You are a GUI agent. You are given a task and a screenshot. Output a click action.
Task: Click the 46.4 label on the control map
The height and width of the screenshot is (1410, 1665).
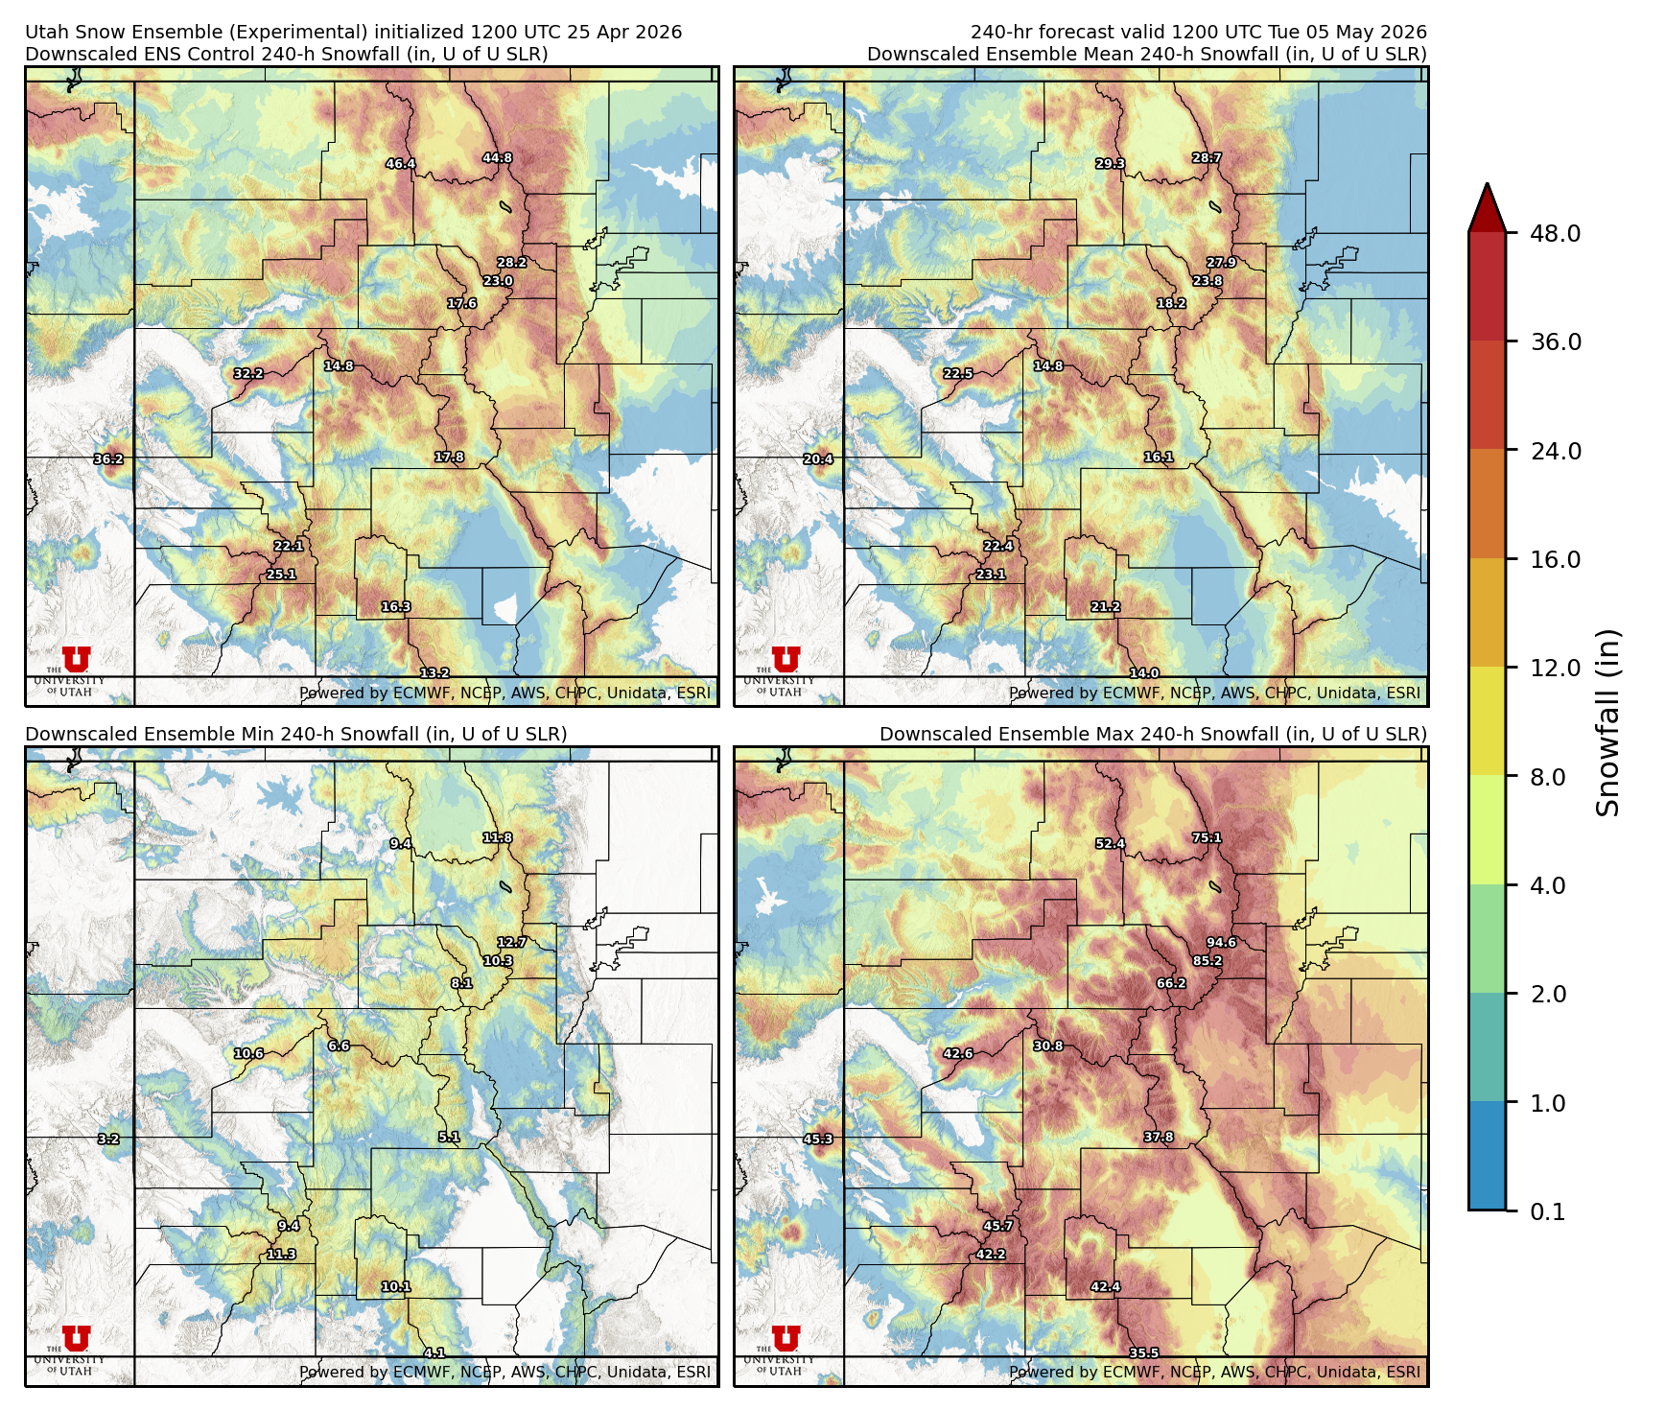pyautogui.click(x=400, y=164)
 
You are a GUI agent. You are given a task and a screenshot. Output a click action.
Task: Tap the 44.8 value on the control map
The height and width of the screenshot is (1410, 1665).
pyautogui.click(x=497, y=158)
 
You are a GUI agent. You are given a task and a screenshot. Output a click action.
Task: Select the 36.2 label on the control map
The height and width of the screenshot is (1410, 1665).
pyautogui.click(x=108, y=459)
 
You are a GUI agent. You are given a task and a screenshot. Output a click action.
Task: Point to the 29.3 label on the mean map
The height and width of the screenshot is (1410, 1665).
pyautogui.click(x=1110, y=164)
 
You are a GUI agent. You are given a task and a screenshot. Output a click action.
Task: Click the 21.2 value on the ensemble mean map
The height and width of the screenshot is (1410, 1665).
pyautogui.click(x=1105, y=607)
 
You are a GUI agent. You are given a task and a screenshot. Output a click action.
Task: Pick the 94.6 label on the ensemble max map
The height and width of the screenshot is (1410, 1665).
pyautogui.click(x=1221, y=942)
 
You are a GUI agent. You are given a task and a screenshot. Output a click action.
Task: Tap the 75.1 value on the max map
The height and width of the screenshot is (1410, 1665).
pyautogui.click(x=1207, y=837)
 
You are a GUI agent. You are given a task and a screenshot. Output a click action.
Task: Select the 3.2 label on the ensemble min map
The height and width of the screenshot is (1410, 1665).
pyautogui.click(x=108, y=1140)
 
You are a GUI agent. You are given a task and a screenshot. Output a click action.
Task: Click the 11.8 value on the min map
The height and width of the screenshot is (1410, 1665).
pyautogui.click(x=497, y=837)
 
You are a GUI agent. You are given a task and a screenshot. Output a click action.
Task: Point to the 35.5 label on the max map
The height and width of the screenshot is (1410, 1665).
pyautogui.click(x=1143, y=1353)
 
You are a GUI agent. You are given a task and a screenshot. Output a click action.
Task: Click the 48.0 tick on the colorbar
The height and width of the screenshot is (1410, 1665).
pyautogui.click(x=1555, y=234)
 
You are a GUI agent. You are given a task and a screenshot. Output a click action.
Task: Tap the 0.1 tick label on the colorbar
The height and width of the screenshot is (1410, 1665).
pyautogui.click(x=1547, y=1212)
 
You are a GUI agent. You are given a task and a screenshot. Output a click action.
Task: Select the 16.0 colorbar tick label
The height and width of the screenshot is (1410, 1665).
pyautogui.click(x=1555, y=560)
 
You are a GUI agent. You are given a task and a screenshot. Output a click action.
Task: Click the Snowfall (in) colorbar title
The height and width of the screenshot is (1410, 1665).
pyautogui.click(x=1608, y=722)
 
